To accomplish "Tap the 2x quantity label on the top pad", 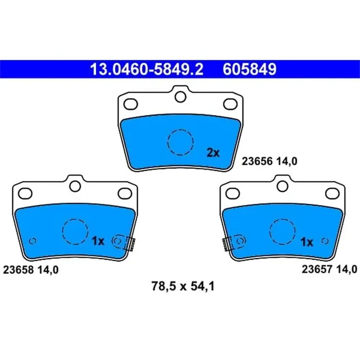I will click(213, 152).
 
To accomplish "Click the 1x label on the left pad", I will click(98, 241).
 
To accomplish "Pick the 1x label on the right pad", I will click(307, 242).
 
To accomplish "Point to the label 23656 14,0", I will click(270, 160).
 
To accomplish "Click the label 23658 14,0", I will click(31, 268).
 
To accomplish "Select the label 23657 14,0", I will click(329, 268).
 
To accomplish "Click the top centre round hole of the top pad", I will click(179, 96).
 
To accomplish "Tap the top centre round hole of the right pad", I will click(282, 185).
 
